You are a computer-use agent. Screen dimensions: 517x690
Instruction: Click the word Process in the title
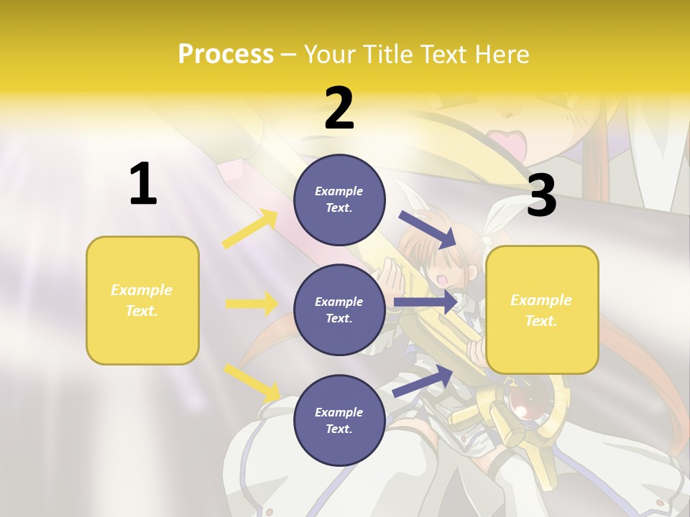[x=226, y=54]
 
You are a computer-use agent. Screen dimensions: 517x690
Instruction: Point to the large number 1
[x=142, y=184]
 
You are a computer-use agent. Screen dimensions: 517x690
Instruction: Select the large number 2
[x=339, y=108]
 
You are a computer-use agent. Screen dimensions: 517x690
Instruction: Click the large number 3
[x=541, y=196]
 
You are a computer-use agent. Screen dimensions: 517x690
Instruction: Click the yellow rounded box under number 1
[x=142, y=300]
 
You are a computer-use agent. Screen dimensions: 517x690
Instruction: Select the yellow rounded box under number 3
[x=542, y=309]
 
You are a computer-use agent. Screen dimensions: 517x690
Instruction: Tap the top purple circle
[x=339, y=200]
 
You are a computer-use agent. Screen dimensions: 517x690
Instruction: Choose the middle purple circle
[x=339, y=309]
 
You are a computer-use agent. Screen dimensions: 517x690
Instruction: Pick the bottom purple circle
[x=339, y=420]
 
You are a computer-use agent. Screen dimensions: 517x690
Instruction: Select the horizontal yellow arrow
[x=252, y=304]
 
